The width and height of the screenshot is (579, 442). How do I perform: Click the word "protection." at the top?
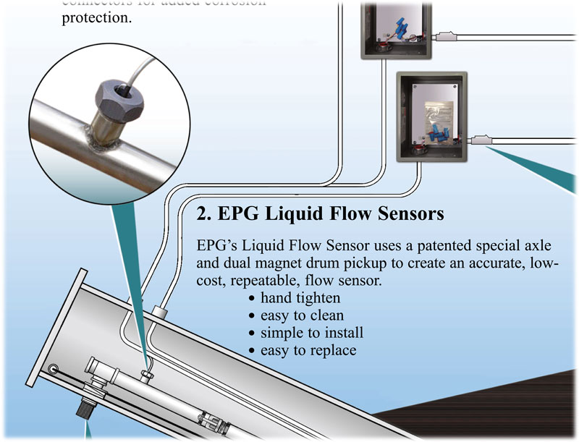click(97, 17)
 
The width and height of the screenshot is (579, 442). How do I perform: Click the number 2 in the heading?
click(203, 216)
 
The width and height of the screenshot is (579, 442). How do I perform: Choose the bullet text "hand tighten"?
click(300, 297)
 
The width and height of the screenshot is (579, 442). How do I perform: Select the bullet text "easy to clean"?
click(302, 315)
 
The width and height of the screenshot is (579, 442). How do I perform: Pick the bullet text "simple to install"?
click(312, 333)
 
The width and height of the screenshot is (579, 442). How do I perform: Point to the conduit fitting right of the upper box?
click(446, 34)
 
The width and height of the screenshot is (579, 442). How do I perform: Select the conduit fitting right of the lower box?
click(482, 140)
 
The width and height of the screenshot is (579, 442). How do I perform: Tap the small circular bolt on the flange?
click(53, 369)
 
